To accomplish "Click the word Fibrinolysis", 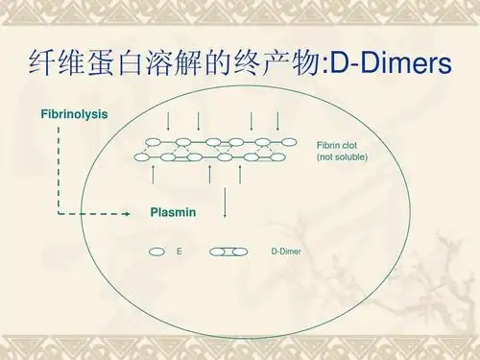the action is click(x=74, y=115).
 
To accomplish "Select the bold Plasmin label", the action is click(x=174, y=211).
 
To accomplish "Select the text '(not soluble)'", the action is click(x=342, y=156).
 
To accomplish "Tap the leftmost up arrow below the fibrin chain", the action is click(x=155, y=173).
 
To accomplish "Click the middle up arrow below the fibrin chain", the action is click(x=209, y=173).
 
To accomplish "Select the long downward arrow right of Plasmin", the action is click(x=226, y=202).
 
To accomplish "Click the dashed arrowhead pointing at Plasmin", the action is click(x=125, y=213).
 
